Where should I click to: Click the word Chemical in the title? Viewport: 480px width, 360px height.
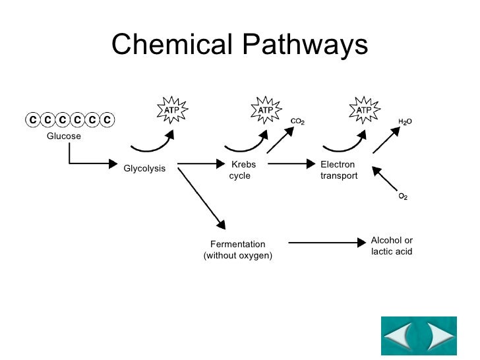pyautogui.click(x=173, y=45)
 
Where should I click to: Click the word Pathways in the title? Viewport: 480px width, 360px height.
pyautogui.click(x=305, y=45)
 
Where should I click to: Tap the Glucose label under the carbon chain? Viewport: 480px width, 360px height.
pyautogui.click(x=63, y=136)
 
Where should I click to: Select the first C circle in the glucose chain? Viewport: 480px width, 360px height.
pyautogui.click(x=32, y=120)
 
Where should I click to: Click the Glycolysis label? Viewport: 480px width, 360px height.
pyautogui.click(x=144, y=169)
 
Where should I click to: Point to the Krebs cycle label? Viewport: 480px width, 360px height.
pyautogui.click(x=240, y=170)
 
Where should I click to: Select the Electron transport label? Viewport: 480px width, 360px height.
pyautogui.click(x=339, y=170)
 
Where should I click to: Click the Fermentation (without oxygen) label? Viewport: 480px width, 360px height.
pyautogui.click(x=237, y=249)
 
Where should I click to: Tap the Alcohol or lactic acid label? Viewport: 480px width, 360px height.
pyautogui.click(x=392, y=246)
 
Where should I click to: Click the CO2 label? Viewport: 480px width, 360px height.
pyautogui.click(x=297, y=122)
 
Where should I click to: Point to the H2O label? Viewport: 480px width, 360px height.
pyautogui.click(x=405, y=122)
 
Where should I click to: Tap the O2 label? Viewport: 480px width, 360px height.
pyautogui.click(x=403, y=197)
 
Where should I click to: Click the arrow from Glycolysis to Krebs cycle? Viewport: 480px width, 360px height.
pyautogui.click(x=202, y=164)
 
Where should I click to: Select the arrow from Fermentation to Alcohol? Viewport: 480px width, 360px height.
pyautogui.click(x=326, y=243)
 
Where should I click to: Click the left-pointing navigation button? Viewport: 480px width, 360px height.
pyautogui.click(x=400, y=337)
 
